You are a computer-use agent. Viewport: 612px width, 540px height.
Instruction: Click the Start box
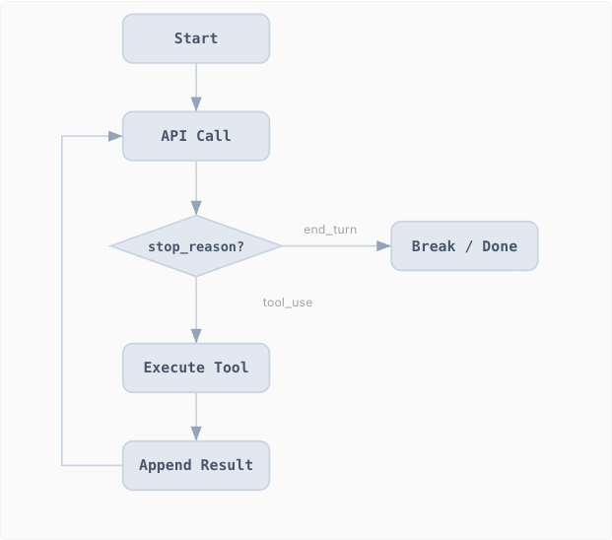coord(196,38)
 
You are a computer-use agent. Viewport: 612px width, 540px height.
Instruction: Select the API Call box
coord(196,136)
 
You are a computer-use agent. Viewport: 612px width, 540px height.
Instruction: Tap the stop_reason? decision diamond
coord(196,246)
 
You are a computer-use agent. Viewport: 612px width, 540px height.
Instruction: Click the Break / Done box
coord(464,246)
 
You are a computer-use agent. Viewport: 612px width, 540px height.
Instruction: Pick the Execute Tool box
coord(196,368)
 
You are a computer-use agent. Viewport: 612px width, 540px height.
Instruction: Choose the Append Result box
coord(196,465)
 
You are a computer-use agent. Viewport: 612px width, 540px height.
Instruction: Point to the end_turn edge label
coord(330,230)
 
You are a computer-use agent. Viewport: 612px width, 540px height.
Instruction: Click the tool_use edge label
coord(288,303)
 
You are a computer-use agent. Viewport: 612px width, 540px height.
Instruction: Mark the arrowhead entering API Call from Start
coord(196,104)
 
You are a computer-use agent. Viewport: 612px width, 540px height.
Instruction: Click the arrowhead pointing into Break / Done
coord(383,246)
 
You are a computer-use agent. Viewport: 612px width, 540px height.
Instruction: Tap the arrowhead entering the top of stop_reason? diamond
coord(196,208)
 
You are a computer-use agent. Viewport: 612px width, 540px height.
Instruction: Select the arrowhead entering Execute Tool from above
coord(196,336)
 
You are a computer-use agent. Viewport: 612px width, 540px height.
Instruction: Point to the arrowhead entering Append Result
coord(196,434)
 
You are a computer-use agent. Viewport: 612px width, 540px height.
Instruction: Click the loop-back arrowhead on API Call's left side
coord(115,136)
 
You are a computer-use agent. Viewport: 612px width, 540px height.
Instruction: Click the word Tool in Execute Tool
coord(231,368)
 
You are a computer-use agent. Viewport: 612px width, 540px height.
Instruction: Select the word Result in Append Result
coord(227,465)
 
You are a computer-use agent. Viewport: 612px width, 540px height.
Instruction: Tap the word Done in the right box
coord(500,246)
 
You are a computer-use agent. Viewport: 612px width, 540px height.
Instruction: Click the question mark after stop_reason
coord(239,246)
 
